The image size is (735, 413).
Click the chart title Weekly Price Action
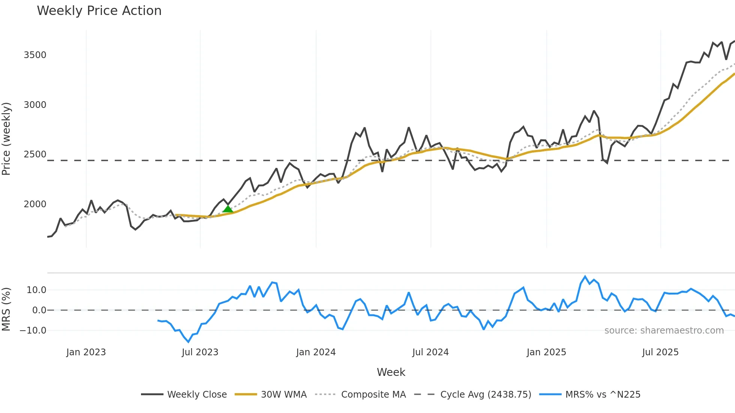[99, 11]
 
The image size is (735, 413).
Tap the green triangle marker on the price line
[228, 209]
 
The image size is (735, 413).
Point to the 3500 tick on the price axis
[35, 55]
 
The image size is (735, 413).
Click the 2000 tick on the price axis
[35, 204]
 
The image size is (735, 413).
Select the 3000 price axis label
[35, 105]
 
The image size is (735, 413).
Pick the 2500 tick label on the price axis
[35, 154]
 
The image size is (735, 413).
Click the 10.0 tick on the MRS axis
[36, 290]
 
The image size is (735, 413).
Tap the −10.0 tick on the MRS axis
[33, 331]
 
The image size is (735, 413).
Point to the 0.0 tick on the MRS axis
[39, 310]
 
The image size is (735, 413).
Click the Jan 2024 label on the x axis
[316, 352]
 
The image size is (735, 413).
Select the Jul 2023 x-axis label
[200, 352]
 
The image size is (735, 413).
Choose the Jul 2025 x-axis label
[660, 352]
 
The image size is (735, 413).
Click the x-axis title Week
[391, 372]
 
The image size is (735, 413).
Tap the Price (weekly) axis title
[6, 139]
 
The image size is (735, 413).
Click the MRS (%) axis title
[6, 309]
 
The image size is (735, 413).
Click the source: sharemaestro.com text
[664, 331]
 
